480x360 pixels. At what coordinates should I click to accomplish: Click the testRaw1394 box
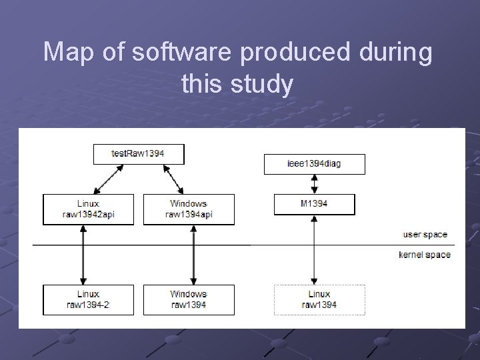pyautogui.click(x=139, y=154)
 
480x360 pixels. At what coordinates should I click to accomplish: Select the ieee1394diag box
pyautogui.click(x=315, y=163)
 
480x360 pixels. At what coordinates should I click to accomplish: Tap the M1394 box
pyautogui.click(x=315, y=204)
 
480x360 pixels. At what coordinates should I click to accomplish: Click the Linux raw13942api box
pyautogui.click(x=87, y=209)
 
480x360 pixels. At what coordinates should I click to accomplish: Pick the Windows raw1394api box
pyautogui.click(x=189, y=209)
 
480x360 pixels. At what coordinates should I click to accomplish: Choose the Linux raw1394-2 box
pyautogui.click(x=87, y=299)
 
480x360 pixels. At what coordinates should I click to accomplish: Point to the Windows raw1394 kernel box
pyautogui.click(x=189, y=299)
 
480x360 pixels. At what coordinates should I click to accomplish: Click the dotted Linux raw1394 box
pyautogui.click(x=319, y=299)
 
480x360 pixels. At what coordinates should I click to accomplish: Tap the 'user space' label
pyautogui.click(x=425, y=235)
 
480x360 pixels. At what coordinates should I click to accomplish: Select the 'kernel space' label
pyautogui.click(x=425, y=255)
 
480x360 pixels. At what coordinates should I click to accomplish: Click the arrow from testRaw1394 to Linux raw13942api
pyautogui.click(x=106, y=179)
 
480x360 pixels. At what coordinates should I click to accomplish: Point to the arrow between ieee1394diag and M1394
pyautogui.click(x=315, y=184)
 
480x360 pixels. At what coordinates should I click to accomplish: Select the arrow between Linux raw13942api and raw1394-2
pyautogui.click(x=82, y=255)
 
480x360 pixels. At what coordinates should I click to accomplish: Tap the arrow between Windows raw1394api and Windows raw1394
pyautogui.click(x=193, y=255)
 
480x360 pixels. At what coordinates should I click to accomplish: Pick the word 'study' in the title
pyautogui.click(x=261, y=85)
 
